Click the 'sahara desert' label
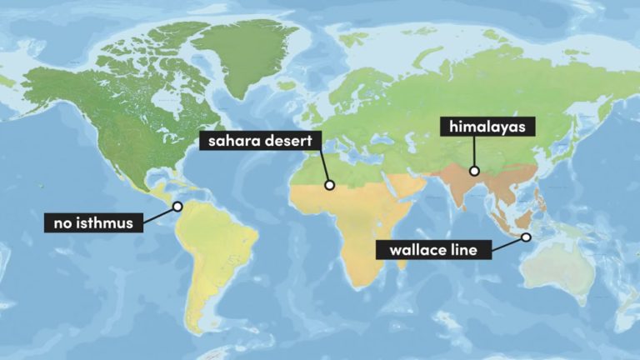click(257, 141)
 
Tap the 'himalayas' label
click(487, 127)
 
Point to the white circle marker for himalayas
click(474, 171)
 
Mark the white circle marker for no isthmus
click(177, 206)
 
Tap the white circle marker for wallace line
click(527, 237)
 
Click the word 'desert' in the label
click(286, 141)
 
